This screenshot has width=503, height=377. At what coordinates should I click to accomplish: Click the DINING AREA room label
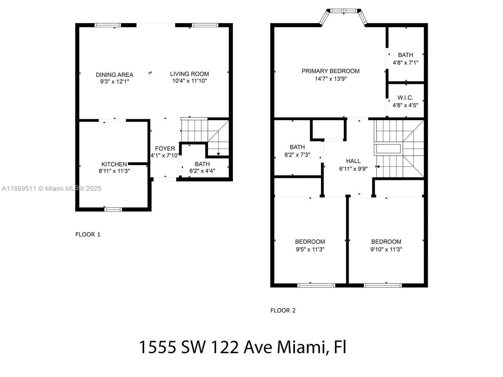(x=114, y=75)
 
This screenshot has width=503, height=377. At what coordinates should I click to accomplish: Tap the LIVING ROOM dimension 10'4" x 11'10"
(x=190, y=81)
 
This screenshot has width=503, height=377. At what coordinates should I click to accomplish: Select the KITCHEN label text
(x=114, y=164)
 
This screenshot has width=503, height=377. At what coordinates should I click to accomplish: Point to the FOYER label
(x=165, y=149)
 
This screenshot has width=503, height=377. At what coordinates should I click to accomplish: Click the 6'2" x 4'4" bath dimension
(x=202, y=171)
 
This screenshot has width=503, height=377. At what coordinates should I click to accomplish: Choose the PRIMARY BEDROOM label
(x=330, y=71)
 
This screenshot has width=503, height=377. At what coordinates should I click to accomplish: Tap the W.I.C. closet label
(x=405, y=98)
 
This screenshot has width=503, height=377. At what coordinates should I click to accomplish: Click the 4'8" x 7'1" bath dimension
(x=405, y=63)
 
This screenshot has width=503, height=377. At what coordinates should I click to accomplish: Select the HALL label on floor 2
(x=353, y=161)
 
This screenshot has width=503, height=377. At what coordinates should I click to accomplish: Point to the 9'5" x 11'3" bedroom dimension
(x=310, y=249)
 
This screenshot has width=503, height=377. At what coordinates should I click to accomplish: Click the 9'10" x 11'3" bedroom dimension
(x=386, y=249)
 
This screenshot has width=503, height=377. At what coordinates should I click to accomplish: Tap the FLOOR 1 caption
(x=88, y=234)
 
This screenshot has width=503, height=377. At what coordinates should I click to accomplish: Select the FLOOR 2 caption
(x=283, y=310)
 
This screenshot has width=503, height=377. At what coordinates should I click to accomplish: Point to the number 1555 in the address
(x=158, y=347)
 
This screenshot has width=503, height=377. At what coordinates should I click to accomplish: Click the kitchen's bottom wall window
(x=113, y=209)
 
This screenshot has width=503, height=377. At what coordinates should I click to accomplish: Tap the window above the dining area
(x=108, y=25)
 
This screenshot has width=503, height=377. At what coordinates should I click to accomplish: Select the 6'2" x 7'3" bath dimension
(x=297, y=155)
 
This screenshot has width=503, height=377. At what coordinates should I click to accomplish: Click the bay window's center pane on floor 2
(x=344, y=11)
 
